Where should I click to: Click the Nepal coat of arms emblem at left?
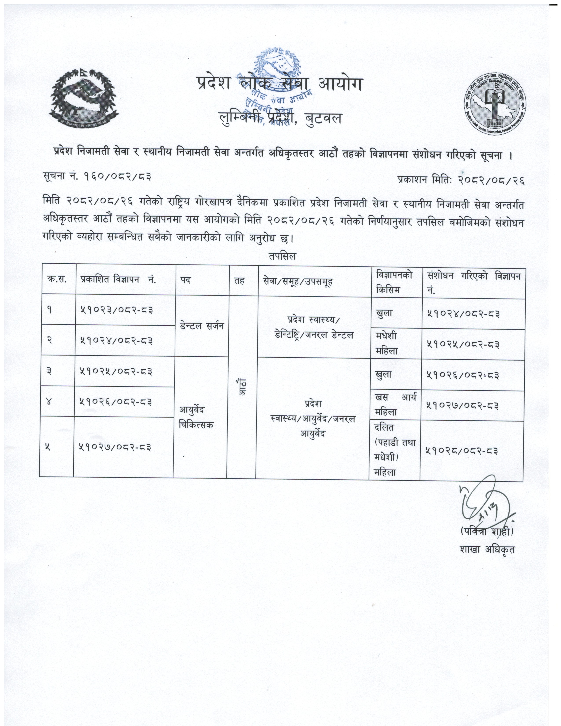85,98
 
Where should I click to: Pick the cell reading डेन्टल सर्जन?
202,326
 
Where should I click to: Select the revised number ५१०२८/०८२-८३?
462,451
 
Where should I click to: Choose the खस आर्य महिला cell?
395,405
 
